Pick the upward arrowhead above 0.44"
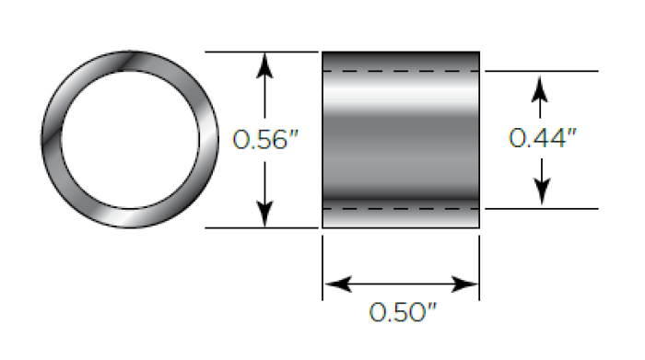542,85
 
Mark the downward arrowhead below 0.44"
542,194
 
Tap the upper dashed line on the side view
401,71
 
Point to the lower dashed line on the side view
401,209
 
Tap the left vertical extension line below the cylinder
322,267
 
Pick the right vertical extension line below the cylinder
479,267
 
